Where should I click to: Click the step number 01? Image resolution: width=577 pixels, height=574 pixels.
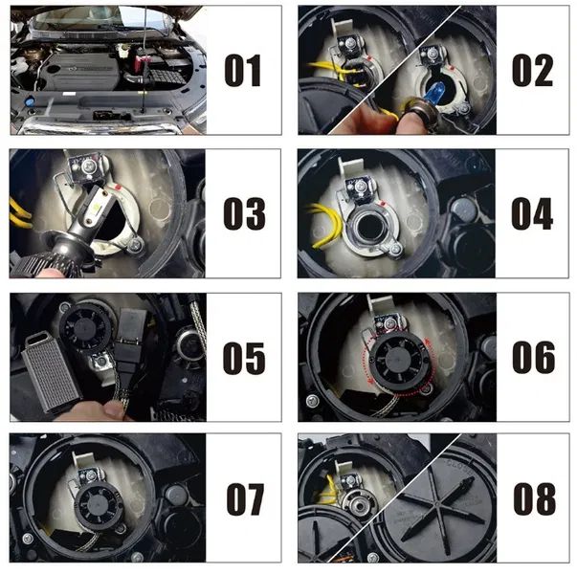[x=242, y=72]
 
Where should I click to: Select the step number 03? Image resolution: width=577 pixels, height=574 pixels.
[x=242, y=214]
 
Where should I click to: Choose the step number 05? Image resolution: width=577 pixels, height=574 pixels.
[x=243, y=358]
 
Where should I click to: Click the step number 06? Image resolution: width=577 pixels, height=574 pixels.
[x=533, y=358]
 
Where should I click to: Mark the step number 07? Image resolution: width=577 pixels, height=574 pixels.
[x=244, y=499]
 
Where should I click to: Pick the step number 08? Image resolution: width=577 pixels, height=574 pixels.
[x=533, y=499]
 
